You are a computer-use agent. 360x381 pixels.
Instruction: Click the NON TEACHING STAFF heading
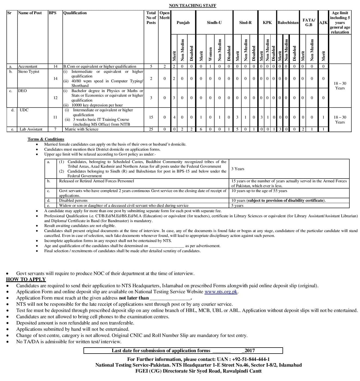pyautogui.click(x=193, y=5)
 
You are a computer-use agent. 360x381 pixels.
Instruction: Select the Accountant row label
pyautogui.click(x=28, y=66)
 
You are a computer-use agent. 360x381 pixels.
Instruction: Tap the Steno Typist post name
pyautogui.click(x=29, y=71)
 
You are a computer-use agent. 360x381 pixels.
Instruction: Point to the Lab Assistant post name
pyautogui.click(x=31, y=129)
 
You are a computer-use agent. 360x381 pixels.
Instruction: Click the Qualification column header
pyautogui.click(x=75, y=13)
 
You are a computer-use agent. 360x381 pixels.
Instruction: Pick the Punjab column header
pyautogui.click(x=183, y=23)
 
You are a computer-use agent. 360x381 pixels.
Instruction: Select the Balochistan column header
pyautogui.click(x=288, y=23)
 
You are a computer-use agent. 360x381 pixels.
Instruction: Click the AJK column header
pyautogui.click(x=323, y=23)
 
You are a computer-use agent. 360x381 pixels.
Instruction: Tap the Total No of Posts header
pyautogui.click(x=151, y=18)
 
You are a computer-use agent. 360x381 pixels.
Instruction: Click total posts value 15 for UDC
pyautogui.click(x=151, y=117)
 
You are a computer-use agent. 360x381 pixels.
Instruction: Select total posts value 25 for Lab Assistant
pyautogui.click(x=151, y=129)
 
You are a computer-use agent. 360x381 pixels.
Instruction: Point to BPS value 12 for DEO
pyautogui.click(x=55, y=98)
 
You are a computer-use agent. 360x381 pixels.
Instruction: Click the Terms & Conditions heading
pyautogui.click(x=46, y=139)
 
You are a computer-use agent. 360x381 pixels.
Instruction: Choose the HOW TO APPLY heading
pyautogui.click(x=26, y=279)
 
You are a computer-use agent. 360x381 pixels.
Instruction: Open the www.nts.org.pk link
pyautogui.click(x=221, y=292)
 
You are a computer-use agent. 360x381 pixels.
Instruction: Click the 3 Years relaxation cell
pyautogui.click(x=238, y=169)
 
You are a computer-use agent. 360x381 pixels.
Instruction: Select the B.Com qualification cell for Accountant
pyautogui.click(x=100, y=66)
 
